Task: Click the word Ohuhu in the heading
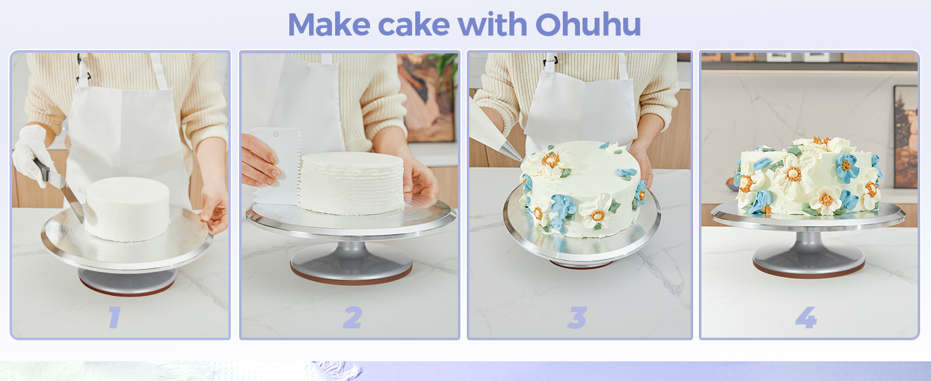pos(588,25)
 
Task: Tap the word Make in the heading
pos(329,25)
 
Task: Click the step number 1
pos(114,317)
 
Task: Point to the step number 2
pos(352,317)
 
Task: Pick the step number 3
pos(577,317)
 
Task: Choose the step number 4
pos(806,317)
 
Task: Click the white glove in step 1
pos(29,152)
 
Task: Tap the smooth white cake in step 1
pos(127,208)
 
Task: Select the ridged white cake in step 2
pos(351,182)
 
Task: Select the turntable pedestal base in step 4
pos(808,257)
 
